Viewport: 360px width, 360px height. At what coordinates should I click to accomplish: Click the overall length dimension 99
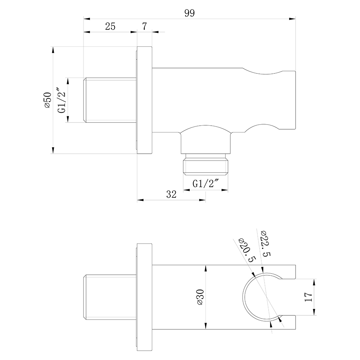point(189,13)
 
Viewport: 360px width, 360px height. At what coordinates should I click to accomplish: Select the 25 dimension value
point(110,26)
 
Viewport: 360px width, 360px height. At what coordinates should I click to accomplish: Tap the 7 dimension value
point(144,26)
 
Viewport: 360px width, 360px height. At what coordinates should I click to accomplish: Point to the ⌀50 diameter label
point(48,100)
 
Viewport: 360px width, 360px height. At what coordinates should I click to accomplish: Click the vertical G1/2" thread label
point(62,100)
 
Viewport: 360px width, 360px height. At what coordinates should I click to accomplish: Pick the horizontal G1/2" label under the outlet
point(206,184)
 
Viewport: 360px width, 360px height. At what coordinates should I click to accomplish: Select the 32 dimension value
point(171,194)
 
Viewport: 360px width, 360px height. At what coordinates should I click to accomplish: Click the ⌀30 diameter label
point(200,297)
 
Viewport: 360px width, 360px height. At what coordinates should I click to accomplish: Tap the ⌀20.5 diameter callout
point(247,251)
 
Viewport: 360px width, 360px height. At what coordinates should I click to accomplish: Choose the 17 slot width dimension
point(309,297)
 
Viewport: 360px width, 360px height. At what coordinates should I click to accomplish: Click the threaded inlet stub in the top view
point(110,100)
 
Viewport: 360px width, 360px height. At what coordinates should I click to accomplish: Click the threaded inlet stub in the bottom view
point(110,297)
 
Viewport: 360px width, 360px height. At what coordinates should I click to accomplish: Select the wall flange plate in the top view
point(144,100)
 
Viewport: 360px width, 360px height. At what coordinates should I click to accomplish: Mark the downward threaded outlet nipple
point(206,165)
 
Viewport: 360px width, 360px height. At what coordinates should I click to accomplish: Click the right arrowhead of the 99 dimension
point(292,19)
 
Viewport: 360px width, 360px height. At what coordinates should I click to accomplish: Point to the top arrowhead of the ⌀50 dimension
point(53,50)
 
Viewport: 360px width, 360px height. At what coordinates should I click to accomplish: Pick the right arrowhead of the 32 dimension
point(202,200)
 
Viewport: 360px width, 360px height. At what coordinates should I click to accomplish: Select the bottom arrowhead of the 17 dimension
point(314,312)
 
